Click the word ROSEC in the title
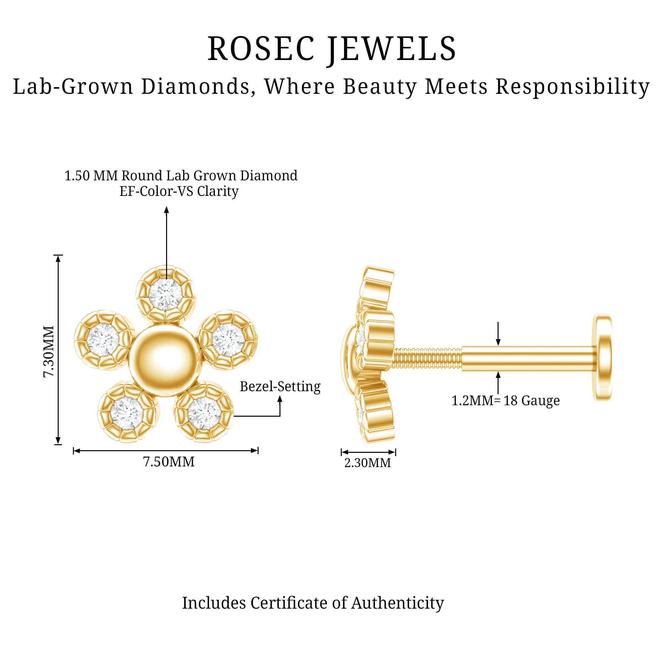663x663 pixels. click(x=261, y=49)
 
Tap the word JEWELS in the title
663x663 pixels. click(x=391, y=49)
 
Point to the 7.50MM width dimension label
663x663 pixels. click(x=168, y=461)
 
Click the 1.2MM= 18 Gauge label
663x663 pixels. click(x=506, y=400)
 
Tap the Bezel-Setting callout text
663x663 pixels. click(x=280, y=387)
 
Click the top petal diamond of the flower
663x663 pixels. click(x=166, y=294)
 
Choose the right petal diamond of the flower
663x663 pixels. click(x=227, y=340)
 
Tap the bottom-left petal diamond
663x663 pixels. click(x=127, y=412)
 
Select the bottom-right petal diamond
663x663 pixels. click(x=204, y=412)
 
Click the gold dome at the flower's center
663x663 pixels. click(x=165, y=360)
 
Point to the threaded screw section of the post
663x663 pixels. click(x=427, y=359)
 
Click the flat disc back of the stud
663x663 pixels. click(x=603, y=357)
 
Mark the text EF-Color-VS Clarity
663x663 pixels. click(x=179, y=191)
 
